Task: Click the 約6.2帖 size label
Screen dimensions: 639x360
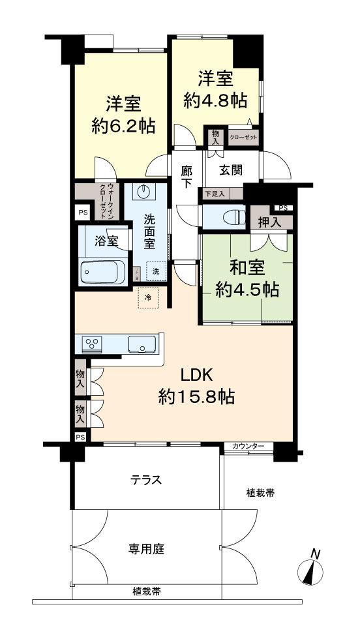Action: click(123, 126)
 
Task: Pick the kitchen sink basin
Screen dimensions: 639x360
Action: click(141, 344)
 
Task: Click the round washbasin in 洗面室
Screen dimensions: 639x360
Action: click(145, 192)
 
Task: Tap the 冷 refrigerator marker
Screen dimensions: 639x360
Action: click(148, 298)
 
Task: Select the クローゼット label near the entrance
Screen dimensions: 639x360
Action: click(244, 137)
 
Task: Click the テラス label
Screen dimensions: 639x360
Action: click(147, 480)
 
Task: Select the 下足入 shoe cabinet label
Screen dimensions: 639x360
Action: click(215, 193)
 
